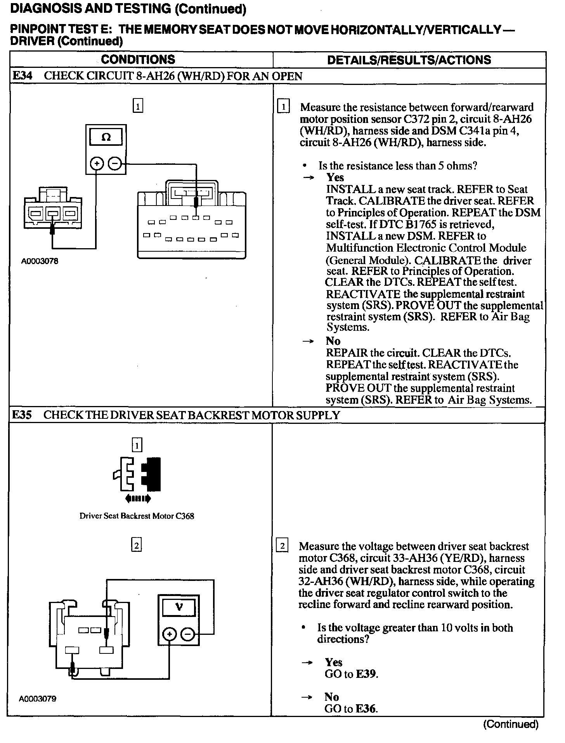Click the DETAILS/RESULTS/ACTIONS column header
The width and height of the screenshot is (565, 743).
pos(409,60)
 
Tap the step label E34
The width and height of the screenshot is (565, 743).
pos(22,76)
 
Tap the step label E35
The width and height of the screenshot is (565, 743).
pos(22,415)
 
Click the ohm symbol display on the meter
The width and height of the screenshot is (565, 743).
pos(106,137)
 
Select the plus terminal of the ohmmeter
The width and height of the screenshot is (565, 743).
pos(96,164)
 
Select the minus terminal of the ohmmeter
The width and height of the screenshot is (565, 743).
pos(114,164)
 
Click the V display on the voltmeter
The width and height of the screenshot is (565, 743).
pos(179,607)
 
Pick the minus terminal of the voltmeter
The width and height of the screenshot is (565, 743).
pos(188,634)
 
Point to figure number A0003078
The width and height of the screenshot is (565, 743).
pos(40,261)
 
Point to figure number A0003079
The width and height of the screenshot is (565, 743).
pos(38,699)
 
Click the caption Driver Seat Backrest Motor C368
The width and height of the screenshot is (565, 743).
pos(137,516)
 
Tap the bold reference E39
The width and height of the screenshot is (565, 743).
pos(366,674)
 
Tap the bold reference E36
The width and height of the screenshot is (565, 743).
pos(366,709)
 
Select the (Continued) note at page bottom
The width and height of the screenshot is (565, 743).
pos(511,724)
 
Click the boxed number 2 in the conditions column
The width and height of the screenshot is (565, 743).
pos(137,546)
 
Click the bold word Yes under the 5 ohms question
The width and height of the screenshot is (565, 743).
pos(335,178)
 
